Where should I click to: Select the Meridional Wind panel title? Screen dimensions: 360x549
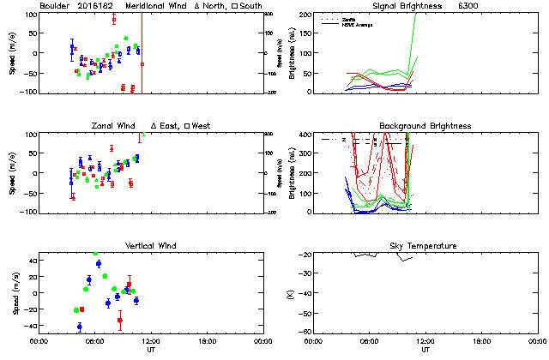pos(155,5)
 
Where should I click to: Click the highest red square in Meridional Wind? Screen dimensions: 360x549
pos(113,19)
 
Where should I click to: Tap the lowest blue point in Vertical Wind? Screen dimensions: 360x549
pos(80,327)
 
